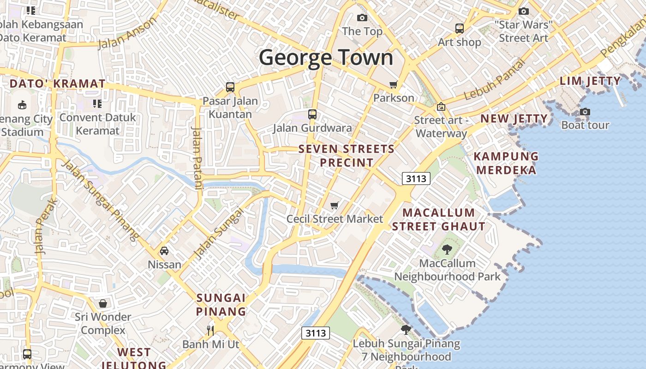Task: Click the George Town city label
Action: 326,58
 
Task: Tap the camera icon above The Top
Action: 362,18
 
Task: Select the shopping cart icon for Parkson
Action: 393,84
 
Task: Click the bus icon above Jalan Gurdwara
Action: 312,114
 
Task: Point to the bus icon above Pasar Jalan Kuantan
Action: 230,87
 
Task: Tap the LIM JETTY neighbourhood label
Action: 590,81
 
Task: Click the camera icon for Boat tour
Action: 585,112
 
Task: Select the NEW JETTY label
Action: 514,119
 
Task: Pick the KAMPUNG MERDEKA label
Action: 506,163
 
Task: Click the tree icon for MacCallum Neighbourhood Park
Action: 447,250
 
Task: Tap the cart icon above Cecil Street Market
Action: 335,205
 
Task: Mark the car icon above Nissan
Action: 164,251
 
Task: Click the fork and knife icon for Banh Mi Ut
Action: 210,330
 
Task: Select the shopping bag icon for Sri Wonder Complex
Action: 103,304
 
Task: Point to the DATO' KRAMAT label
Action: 58,84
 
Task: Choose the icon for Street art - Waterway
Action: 441,107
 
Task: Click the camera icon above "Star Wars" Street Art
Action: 523,11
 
